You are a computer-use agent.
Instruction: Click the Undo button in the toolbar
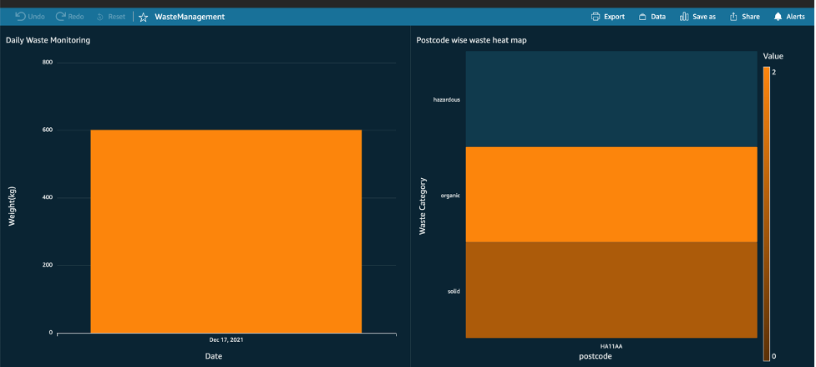click(x=30, y=17)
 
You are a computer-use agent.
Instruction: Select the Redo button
click(x=70, y=17)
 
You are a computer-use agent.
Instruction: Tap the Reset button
click(x=110, y=17)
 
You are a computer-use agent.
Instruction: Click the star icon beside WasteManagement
click(x=144, y=17)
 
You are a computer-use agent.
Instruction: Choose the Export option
click(x=607, y=17)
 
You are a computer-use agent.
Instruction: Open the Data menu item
click(x=651, y=17)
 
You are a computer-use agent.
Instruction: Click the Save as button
click(x=697, y=17)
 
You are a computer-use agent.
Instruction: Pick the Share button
click(x=744, y=17)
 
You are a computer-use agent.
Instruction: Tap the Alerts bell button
click(x=788, y=17)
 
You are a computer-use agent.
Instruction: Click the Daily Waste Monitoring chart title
click(x=48, y=40)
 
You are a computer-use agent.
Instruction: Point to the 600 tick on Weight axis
click(x=46, y=130)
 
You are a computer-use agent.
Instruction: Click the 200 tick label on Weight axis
click(x=46, y=265)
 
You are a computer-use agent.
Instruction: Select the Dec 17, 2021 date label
click(x=226, y=340)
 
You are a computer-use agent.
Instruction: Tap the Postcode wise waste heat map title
click(x=471, y=40)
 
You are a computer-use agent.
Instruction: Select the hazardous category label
click(x=447, y=99)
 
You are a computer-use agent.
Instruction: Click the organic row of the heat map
click(x=611, y=195)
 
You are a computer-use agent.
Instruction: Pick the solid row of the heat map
click(x=611, y=290)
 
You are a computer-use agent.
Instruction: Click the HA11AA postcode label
click(x=611, y=345)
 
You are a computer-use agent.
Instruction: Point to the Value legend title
click(x=773, y=56)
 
